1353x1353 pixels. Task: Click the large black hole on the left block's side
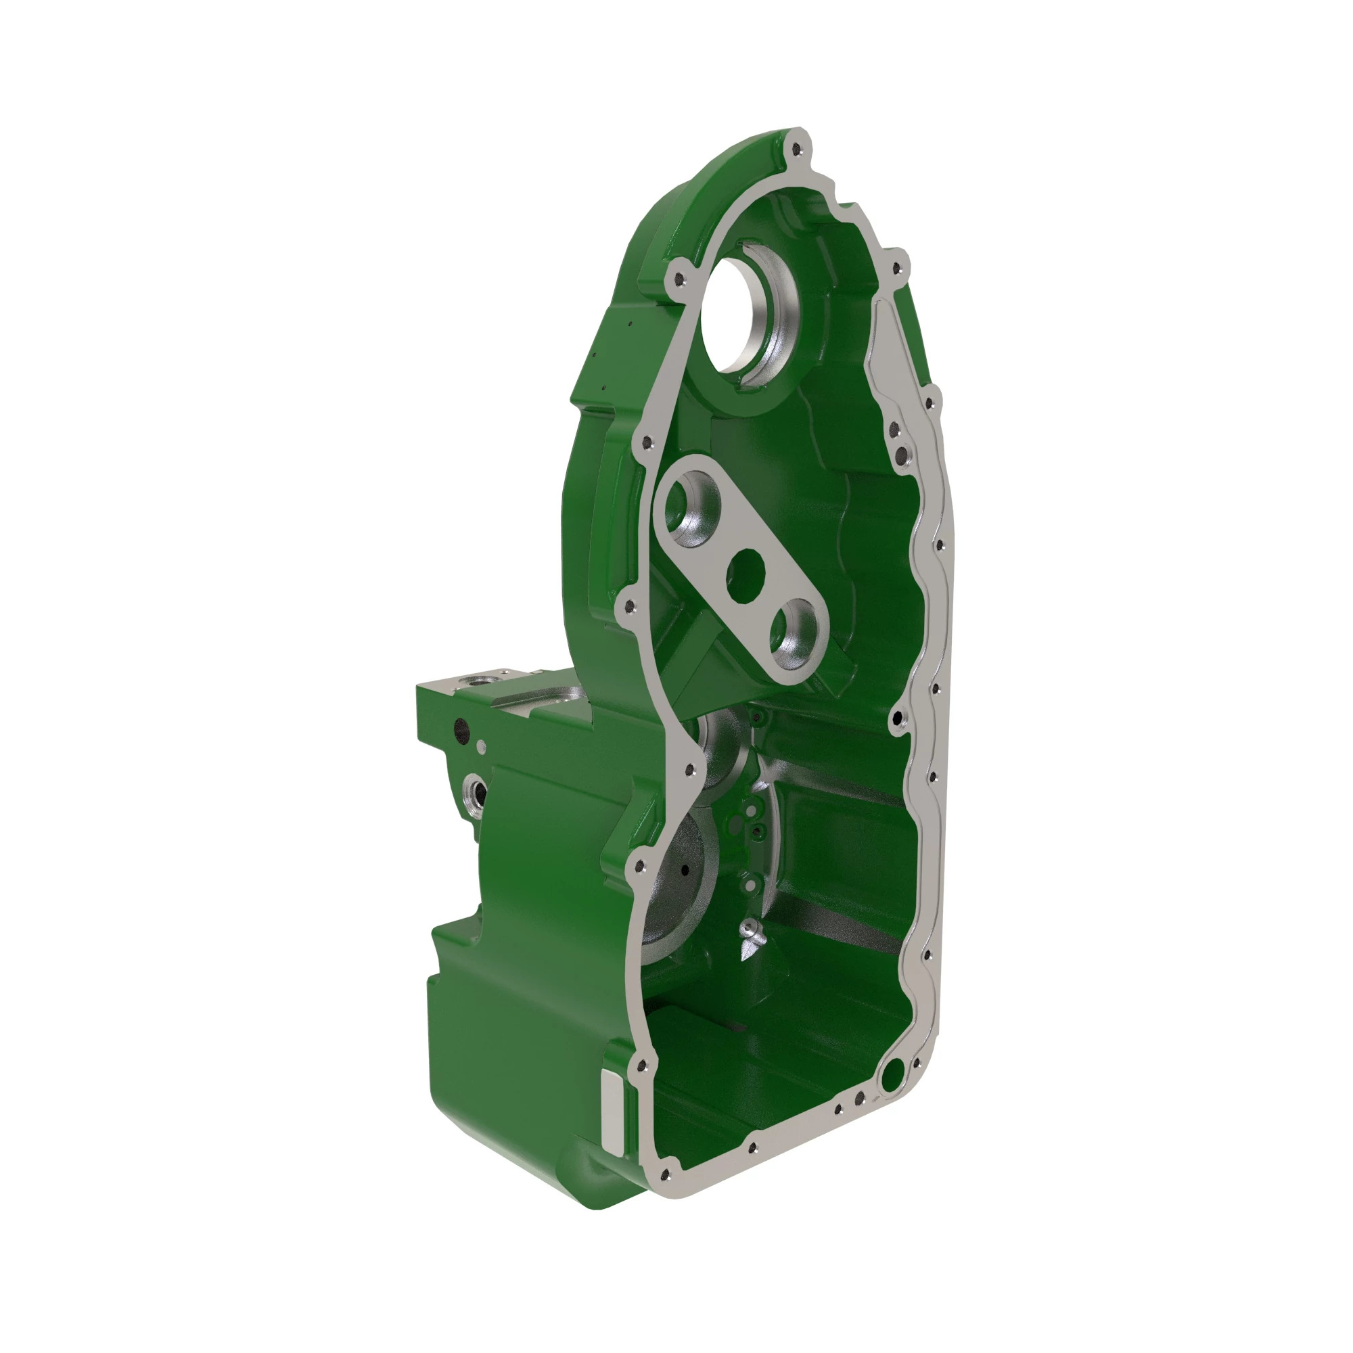[461, 731]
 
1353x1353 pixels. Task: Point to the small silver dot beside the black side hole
[481, 747]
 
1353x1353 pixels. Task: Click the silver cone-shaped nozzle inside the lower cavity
[749, 939]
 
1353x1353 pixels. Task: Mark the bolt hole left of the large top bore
[679, 279]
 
